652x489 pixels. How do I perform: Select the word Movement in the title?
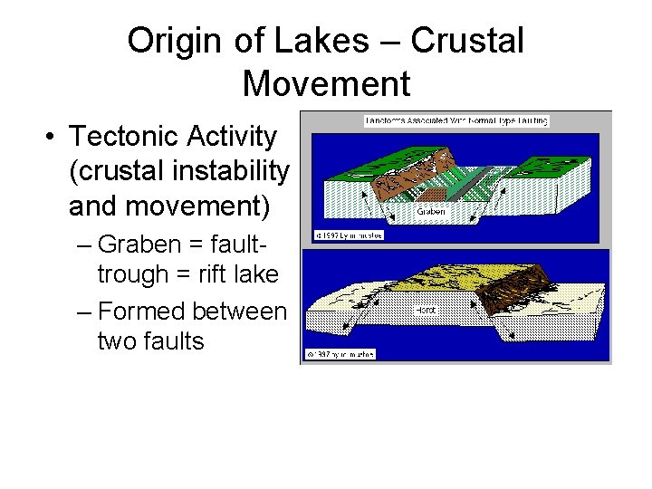[326, 83]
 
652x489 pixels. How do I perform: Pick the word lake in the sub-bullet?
[257, 273]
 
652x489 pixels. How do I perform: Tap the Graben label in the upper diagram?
[431, 213]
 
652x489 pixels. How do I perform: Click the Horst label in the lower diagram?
[426, 310]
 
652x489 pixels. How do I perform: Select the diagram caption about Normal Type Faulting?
[456, 120]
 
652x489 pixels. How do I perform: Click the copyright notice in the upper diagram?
[337, 235]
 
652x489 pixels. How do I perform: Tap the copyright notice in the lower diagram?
[340, 353]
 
